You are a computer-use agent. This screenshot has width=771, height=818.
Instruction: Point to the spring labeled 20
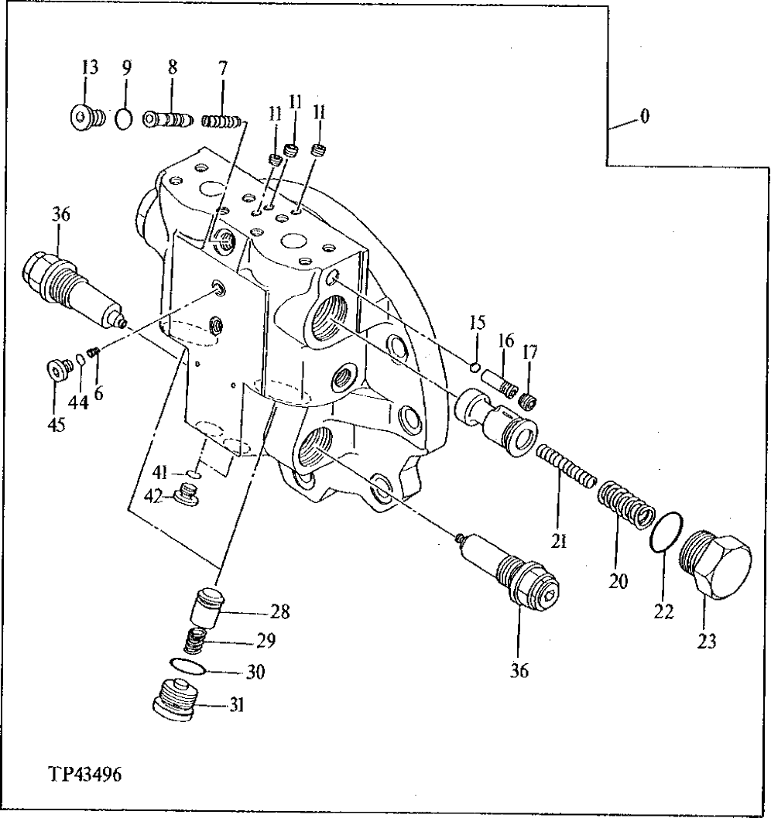click(x=623, y=507)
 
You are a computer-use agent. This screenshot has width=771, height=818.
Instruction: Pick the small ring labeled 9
click(x=123, y=120)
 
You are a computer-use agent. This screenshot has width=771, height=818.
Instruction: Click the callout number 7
click(x=222, y=68)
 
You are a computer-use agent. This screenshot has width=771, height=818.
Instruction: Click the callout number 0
click(x=644, y=117)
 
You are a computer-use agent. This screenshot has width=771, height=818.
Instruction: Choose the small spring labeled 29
click(x=197, y=641)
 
